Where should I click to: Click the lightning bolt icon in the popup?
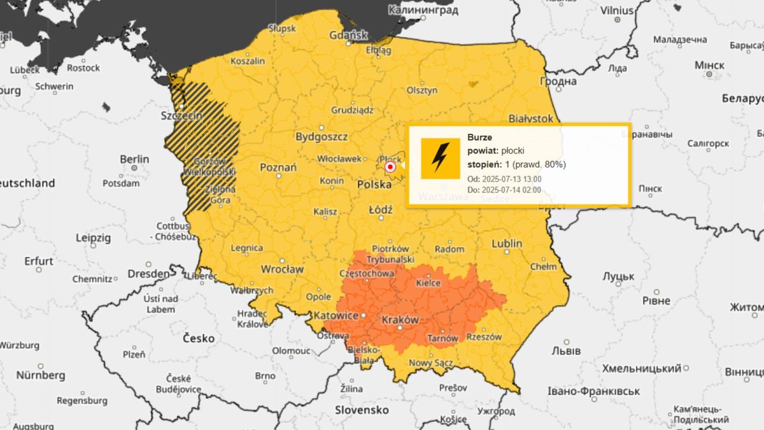point(441,158)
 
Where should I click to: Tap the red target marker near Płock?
point(391,167)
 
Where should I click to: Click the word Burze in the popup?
point(479,137)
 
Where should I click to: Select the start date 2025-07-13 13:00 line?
point(504,179)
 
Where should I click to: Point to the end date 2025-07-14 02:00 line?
point(504,190)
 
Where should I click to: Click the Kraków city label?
point(399,319)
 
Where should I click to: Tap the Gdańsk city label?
point(348,35)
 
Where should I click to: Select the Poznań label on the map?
point(278,168)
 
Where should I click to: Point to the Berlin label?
point(134,159)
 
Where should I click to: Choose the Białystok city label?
point(531,119)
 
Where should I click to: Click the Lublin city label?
point(507,243)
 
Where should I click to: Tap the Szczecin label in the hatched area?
point(182,116)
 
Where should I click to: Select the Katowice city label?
point(335,315)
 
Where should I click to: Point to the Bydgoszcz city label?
point(322,137)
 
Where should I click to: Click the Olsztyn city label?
point(422,90)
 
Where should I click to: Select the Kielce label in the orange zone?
point(428,282)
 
